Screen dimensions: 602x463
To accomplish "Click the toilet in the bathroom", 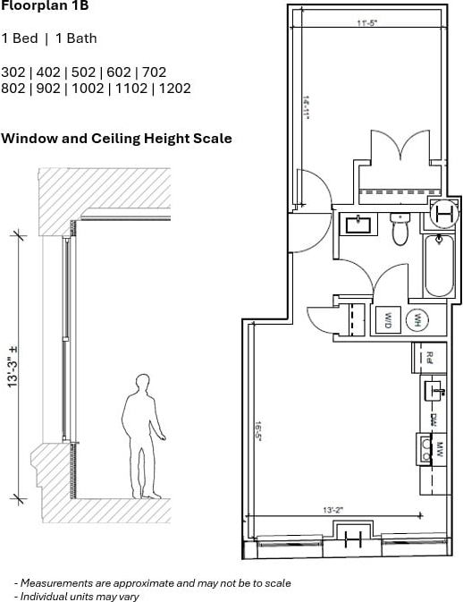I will [400, 231].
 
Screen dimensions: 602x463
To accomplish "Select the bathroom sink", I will [362, 223].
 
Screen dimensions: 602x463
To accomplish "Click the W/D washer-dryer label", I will [389, 319].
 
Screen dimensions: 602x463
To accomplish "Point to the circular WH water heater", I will [417, 319].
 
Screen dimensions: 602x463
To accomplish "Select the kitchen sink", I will [434, 389].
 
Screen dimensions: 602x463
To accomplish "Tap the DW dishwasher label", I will [432, 419].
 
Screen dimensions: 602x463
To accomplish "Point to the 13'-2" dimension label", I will [334, 509].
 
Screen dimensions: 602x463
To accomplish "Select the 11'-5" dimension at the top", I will [366, 24].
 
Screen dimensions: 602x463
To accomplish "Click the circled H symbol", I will [442, 213].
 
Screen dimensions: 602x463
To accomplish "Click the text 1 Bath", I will [77, 38].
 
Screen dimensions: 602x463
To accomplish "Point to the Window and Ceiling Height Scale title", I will [116, 139].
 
